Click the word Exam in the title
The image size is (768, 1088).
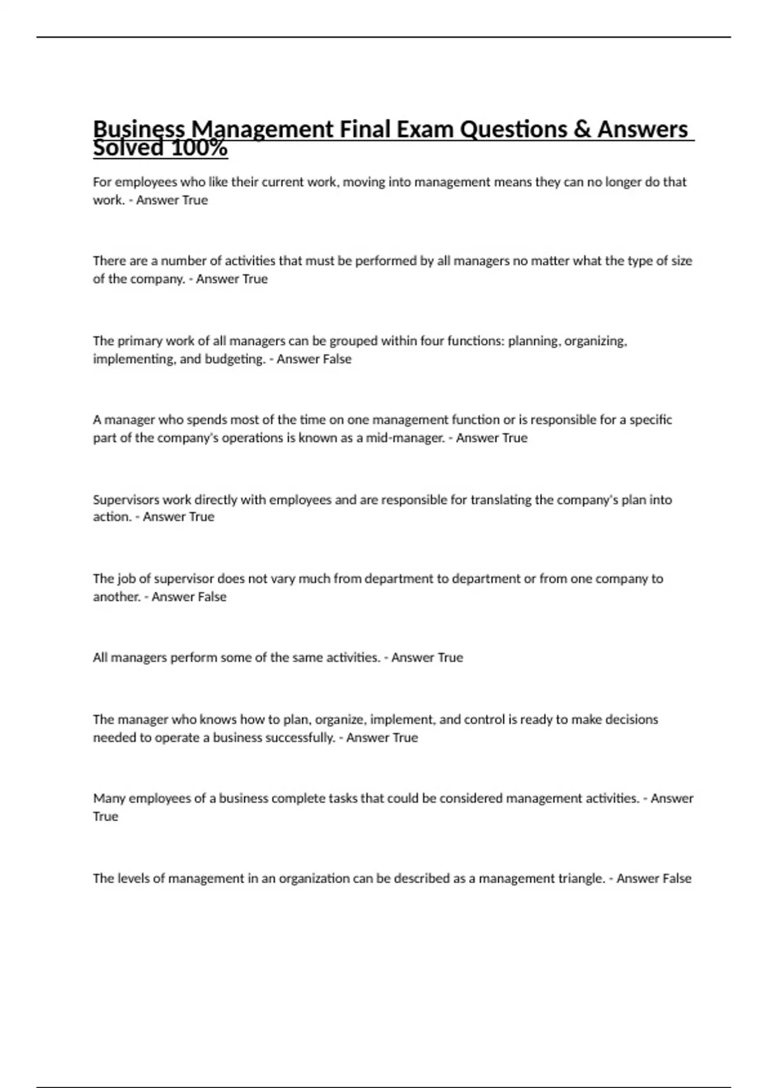pos(424,130)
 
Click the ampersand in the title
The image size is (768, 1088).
pos(582,130)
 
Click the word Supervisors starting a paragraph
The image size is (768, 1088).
pos(126,500)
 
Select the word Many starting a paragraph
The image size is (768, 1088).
pos(109,799)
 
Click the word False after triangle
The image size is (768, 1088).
pos(676,879)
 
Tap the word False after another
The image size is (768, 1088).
pos(212,597)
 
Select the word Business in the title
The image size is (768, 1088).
pos(139,130)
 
